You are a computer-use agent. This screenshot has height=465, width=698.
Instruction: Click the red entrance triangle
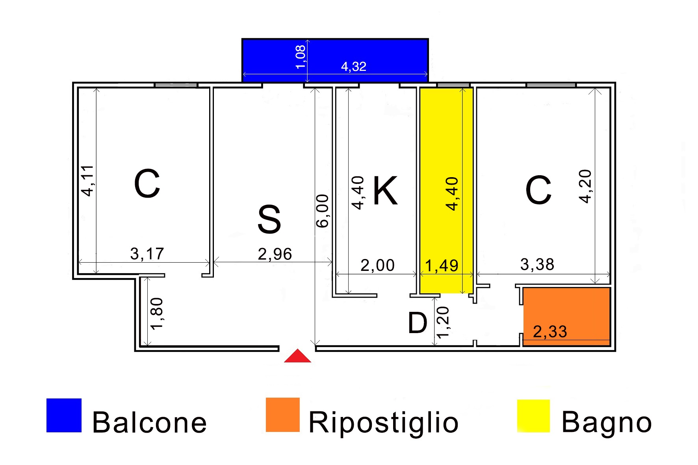297,356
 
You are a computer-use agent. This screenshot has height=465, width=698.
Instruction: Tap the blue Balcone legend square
64,415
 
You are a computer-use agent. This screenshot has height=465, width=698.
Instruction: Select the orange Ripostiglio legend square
282,415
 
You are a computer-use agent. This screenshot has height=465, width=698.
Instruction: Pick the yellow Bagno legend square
533,416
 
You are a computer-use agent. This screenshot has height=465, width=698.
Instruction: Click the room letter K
385,191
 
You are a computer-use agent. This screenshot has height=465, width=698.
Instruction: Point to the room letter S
269,219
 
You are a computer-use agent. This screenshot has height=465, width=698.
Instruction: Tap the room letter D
417,323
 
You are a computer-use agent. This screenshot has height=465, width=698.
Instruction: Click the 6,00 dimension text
323,211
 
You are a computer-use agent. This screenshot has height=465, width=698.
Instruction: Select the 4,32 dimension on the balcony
354,67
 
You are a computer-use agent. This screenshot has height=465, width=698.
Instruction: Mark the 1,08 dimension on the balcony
301,57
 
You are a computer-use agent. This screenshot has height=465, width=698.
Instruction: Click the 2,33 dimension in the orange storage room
550,332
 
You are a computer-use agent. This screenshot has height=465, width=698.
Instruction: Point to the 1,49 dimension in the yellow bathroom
442,266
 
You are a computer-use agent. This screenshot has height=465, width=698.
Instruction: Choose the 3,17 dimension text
147,254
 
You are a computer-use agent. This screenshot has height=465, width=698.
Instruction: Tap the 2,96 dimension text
275,254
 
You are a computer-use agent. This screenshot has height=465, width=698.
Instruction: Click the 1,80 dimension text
157,313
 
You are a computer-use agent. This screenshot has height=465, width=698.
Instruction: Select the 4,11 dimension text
87,181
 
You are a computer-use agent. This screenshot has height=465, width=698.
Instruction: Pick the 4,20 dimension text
585,186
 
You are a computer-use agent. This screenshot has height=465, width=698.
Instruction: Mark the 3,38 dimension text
537,265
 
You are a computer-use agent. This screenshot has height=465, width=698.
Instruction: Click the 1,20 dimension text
443,322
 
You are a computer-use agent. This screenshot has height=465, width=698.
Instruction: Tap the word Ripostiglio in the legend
383,422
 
